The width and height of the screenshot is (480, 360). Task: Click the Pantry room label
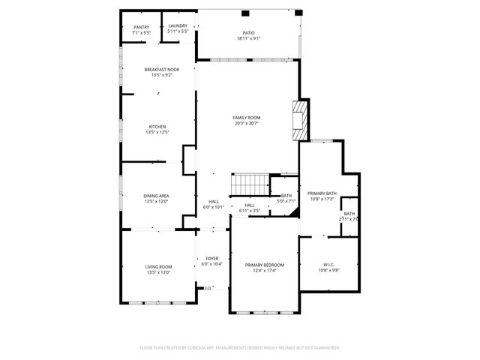click(141, 27)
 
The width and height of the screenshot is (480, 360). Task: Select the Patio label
click(248, 33)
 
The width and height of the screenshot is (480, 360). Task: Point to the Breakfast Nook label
click(162, 70)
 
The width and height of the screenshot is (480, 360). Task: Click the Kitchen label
click(157, 127)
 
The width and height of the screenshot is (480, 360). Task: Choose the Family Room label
click(246, 118)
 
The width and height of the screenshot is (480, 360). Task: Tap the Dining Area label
click(156, 196)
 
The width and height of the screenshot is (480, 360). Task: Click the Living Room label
click(158, 267)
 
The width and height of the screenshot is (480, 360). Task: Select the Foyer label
click(212, 259)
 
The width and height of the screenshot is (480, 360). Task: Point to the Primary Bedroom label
click(265, 265)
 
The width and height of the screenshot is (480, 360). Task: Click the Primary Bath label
click(322, 193)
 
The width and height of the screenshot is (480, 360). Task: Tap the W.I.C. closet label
click(328, 265)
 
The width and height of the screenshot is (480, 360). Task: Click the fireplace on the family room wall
click(300, 119)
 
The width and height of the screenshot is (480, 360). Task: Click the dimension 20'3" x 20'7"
click(246, 123)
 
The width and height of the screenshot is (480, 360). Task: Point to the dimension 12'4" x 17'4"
click(265, 271)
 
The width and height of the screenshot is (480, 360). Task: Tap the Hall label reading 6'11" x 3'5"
click(250, 208)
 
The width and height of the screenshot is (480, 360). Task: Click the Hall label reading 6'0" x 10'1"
click(214, 204)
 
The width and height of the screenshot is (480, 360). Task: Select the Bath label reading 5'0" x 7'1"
click(286, 198)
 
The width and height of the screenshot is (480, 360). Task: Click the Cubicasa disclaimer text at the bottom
click(240, 348)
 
